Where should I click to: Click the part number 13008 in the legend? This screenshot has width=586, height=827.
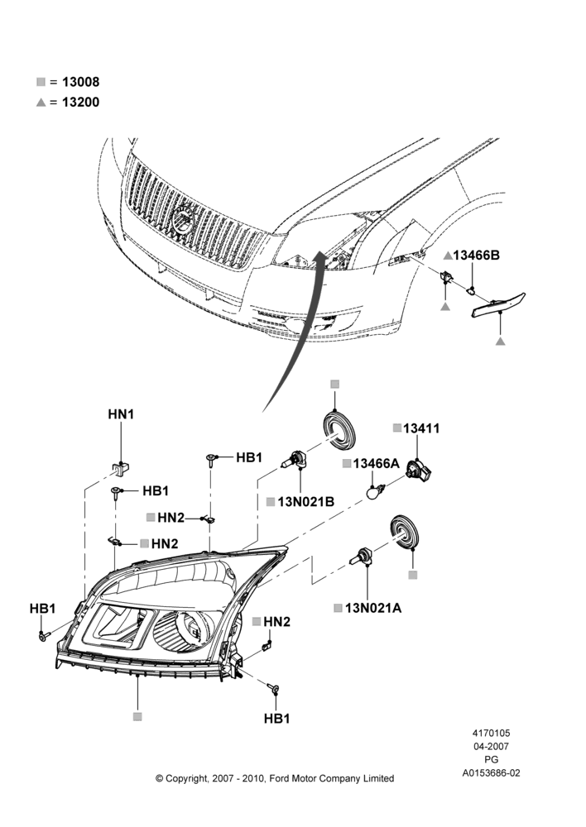point(80,82)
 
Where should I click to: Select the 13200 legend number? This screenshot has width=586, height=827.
point(80,102)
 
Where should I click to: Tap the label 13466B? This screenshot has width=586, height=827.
point(476,256)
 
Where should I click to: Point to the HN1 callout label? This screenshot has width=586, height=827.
point(121,414)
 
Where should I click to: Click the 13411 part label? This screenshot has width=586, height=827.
point(421,428)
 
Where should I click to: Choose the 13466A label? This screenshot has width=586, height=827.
point(377,463)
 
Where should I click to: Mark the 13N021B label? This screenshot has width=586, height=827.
point(306,502)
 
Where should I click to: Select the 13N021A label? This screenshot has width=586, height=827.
point(373,608)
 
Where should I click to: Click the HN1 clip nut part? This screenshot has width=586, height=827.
point(122,468)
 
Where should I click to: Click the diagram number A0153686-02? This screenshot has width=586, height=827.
point(491,773)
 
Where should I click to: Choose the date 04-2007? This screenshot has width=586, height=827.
point(491,746)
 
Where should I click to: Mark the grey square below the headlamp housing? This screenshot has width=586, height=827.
point(137,716)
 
